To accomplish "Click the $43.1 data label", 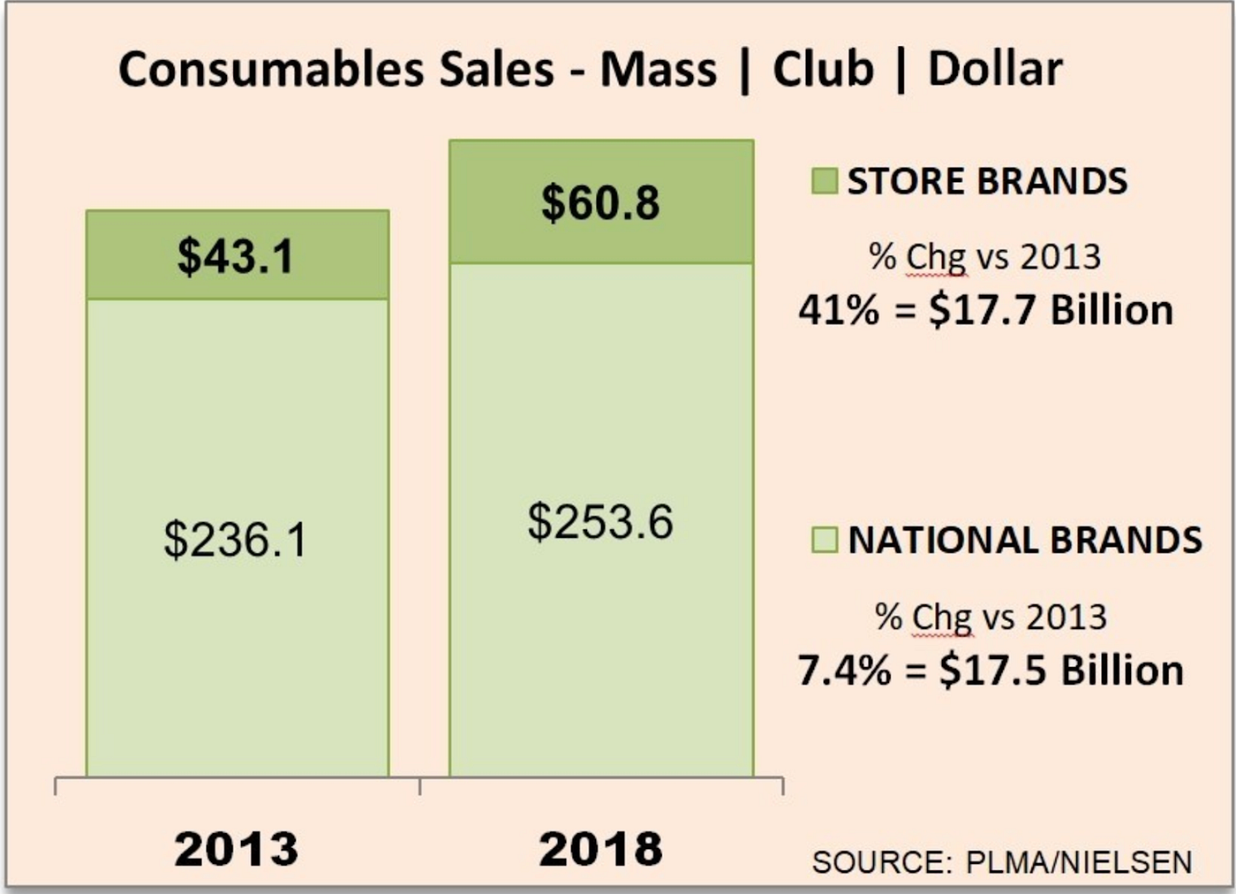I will pos(236,257).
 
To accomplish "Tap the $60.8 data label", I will pos(600,203).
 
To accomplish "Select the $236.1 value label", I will pos(236,540).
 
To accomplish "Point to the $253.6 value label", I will pos(600,521).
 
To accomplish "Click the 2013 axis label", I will pos(237,849).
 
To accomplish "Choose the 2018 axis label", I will pos(600,849).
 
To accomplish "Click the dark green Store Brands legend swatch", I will pos(824,181).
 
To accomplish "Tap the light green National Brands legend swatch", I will pos(824,540).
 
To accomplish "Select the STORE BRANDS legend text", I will pos(987,181).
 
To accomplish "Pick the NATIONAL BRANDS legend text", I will pos(1025,540).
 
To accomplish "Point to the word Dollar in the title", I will pos(995,69).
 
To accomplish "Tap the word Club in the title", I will pos(823,69).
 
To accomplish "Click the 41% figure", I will pos(839,310).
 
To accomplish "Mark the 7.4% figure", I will pos(844,670).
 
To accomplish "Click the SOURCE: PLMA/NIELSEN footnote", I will pos(1002,862).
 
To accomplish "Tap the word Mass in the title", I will pos(659,69).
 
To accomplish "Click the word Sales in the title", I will pos(497,69).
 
